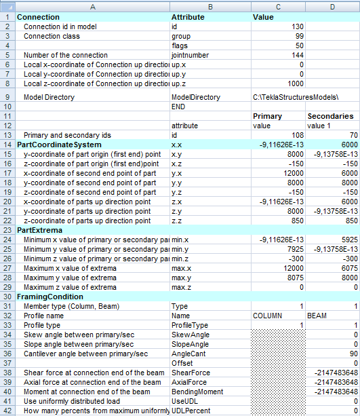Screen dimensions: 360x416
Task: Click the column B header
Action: [209, 5]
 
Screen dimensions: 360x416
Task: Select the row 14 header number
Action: [7, 145]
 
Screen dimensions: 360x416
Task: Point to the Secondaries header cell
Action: [332, 116]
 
